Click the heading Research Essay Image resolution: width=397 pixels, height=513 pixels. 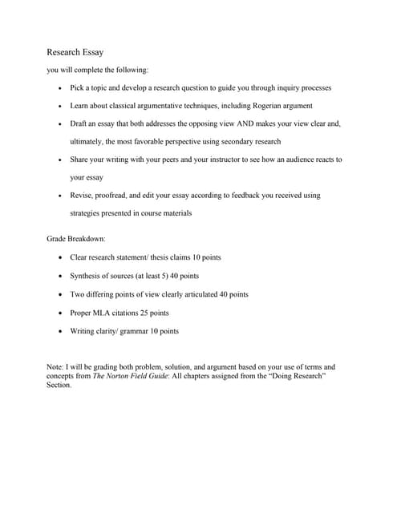click(x=75, y=52)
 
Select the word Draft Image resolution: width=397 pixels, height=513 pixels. click(x=79, y=124)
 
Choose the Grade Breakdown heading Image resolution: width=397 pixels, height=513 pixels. click(x=76, y=240)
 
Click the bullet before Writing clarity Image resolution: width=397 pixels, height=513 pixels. click(x=62, y=331)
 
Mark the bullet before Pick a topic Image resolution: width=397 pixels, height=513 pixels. click(x=62, y=88)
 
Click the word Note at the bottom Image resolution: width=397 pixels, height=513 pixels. click(x=55, y=366)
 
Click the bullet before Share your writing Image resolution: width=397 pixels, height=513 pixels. click(x=62, y=160)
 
